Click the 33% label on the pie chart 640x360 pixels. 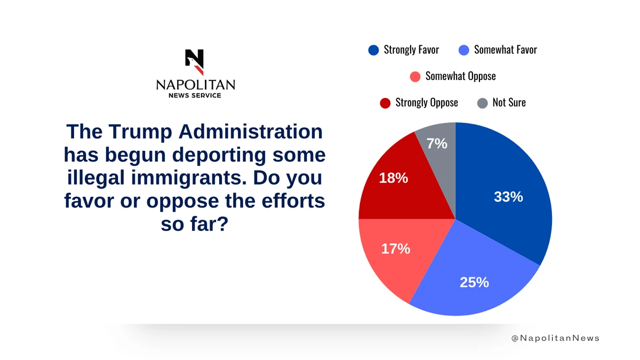508,197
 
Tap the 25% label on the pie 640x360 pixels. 474,282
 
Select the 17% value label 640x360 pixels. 395,249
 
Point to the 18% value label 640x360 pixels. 393,178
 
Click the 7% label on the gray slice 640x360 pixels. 437,143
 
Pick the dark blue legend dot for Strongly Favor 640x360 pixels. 373,50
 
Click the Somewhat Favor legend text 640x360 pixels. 505,50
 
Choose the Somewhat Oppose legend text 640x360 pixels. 460,76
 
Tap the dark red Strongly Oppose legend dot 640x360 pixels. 385,102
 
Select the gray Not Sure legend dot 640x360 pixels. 482,102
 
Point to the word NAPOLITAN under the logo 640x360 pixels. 195,85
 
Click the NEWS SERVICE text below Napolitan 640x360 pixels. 195,95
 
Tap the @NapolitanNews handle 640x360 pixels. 555,338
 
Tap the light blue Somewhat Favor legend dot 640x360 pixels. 463,50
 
